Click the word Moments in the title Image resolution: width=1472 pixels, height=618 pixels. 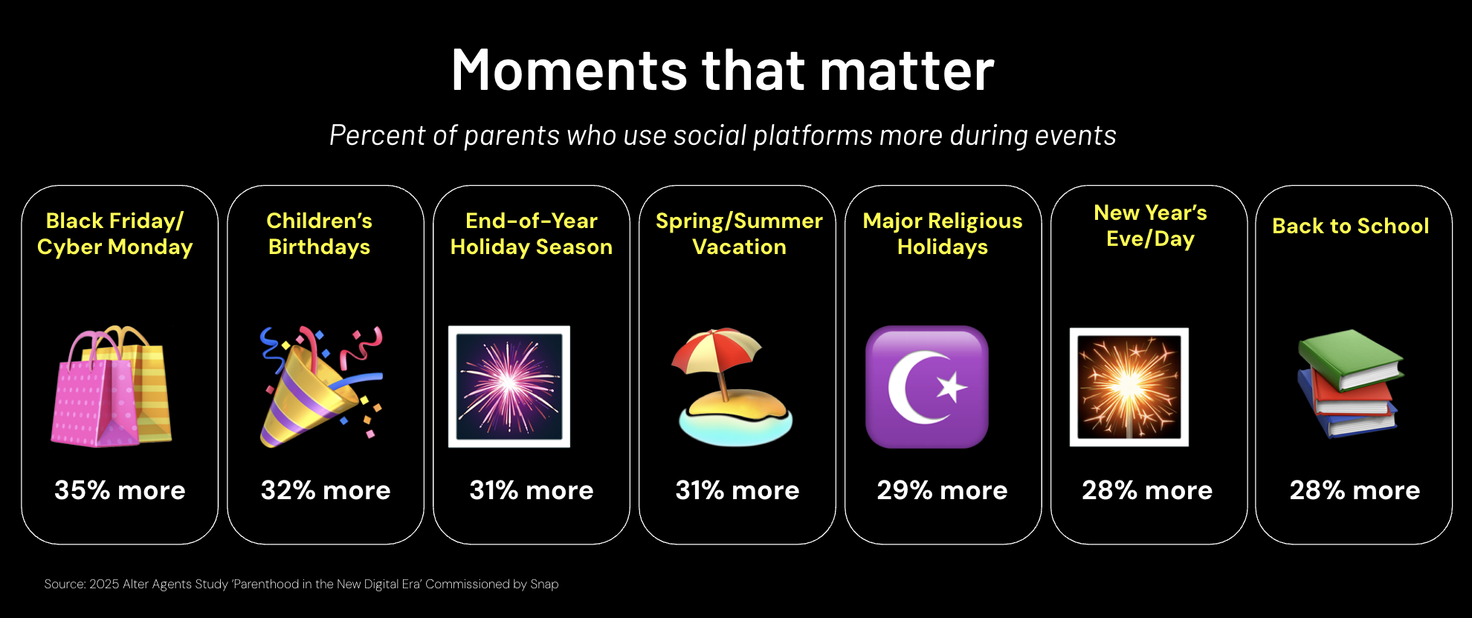point(569,71)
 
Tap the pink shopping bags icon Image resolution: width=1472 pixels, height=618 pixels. point(112,386)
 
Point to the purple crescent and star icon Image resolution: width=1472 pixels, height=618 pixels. point(927,387)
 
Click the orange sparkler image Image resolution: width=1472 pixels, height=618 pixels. point(1129,387)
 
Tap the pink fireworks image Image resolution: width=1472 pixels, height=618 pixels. point(509,386)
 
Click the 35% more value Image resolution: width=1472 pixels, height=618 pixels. point(120,490)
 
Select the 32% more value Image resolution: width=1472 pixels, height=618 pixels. point(326,490)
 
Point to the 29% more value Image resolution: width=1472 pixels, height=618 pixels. point(942,490)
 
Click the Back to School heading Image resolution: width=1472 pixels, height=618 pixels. point(1351,226)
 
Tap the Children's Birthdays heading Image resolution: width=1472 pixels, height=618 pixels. point(320,233)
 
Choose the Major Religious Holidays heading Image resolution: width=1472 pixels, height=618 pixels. point(943,233)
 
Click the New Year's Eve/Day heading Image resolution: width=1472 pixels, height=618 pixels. point(1151,226)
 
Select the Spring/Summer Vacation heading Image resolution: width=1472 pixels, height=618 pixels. point(739,233)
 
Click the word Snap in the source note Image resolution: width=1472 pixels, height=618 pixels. point(544,585)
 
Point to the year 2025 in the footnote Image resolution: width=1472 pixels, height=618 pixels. point(104,585)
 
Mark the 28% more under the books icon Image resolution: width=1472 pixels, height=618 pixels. point(1355,490)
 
